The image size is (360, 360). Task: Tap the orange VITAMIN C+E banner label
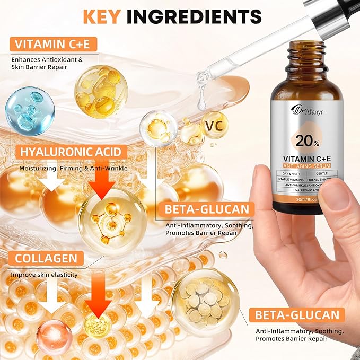tap(51, 43)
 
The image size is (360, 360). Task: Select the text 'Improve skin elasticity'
tap(44, 275)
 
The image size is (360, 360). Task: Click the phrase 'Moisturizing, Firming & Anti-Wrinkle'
tap(74, 168)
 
